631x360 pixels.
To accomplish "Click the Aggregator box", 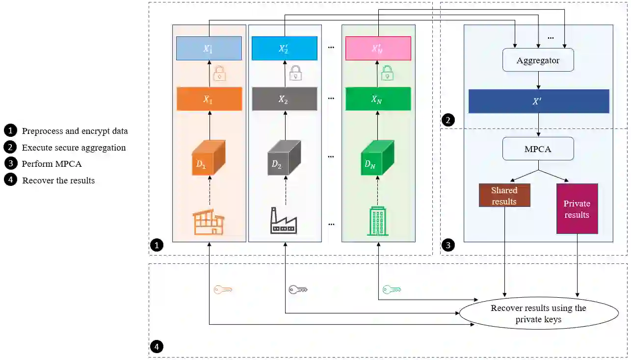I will coord(538,61).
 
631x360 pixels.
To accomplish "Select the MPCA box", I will coord(538,149).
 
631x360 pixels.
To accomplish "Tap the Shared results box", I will coord(504,195).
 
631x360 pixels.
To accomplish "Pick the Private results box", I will coord(577,209).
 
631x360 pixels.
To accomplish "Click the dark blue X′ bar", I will coord(538,101).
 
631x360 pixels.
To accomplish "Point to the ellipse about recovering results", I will coord(538,314).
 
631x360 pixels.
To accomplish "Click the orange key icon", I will coord(222,290).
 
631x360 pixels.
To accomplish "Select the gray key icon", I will coord(298,289).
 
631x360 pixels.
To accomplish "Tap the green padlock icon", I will coord(388,73).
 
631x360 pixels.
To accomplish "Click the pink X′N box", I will coord(378,49).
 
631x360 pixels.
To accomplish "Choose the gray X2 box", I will coord(284,99).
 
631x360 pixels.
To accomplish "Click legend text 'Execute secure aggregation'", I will coord(74,148).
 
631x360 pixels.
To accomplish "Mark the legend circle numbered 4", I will coord(10,180).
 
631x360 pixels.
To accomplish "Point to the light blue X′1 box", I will coord(209,49).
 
